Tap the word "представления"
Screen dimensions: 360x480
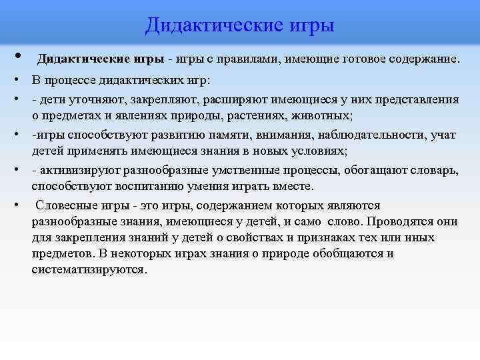pos(417,99)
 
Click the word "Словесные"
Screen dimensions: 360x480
pos(64,205)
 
